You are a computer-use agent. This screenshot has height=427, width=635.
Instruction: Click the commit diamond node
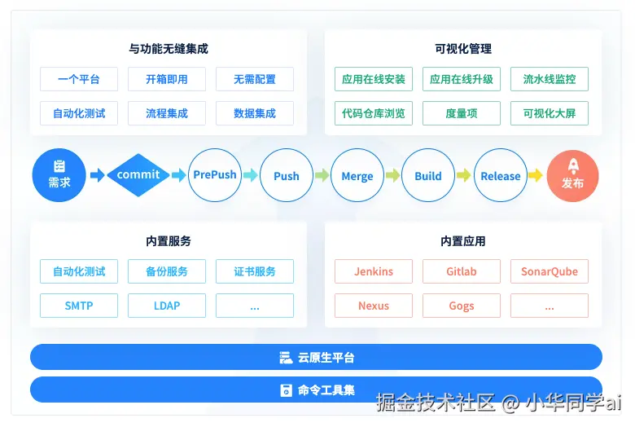[138, 175]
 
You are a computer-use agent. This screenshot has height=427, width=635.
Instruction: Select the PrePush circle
[215, 175]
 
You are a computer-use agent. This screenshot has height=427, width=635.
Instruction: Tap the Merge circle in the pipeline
[357, 175]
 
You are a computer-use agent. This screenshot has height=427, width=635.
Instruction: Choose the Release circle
[501, 175]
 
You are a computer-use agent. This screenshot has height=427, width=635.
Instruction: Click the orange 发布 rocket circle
[572, 175]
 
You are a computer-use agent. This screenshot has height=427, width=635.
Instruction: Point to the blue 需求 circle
[59, 175]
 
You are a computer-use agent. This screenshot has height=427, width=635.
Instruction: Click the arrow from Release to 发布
[535, 175]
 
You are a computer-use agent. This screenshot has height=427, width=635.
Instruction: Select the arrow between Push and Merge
[322, 175]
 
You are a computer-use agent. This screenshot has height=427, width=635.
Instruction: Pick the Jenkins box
[374, 271]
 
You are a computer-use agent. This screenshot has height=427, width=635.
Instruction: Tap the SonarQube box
[550, 271]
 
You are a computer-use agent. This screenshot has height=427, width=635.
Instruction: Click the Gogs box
[462, 306]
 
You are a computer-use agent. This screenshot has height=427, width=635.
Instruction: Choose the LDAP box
[167, 306]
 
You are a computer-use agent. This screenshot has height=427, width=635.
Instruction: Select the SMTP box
[79, 306]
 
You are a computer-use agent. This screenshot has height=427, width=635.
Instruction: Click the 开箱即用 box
[167, 79]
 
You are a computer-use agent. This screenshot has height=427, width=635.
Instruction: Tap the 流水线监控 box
[550, 79]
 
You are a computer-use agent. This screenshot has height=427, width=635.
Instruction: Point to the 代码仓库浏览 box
[374, 113]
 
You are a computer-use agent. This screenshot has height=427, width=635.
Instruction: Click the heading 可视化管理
[463, 49]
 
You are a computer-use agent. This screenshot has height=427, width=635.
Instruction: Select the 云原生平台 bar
[316, 357]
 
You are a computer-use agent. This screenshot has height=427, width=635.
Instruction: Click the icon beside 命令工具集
[286, 390]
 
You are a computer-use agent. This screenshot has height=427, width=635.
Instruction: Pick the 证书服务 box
[255, 271]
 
